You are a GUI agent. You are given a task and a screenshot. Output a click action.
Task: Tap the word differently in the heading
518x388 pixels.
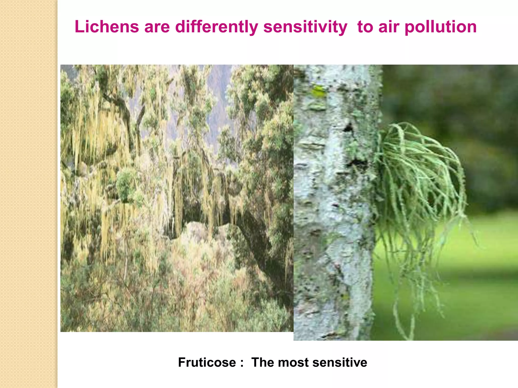(x=217, y=27)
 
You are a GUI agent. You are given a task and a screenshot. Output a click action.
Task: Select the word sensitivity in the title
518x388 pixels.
(x=305, y=27)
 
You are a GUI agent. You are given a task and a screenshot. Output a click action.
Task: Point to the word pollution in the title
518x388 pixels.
(x=441, y=27)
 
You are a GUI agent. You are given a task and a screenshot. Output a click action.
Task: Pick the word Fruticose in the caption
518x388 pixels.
(x=207, y=362)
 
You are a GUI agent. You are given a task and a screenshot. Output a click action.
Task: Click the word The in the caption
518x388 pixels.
(x=263, y=362)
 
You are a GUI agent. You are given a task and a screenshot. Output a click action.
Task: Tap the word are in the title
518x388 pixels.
(x=157, y=27)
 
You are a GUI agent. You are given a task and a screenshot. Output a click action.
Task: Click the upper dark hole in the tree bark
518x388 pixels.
(x=349, y=128)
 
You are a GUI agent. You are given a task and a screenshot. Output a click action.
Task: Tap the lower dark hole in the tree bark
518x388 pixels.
(x=357, y=163)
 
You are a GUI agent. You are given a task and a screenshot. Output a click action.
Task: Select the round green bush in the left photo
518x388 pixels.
(x=126, y=183)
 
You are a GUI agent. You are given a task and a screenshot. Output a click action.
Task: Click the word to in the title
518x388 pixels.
(x=365, y=27)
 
